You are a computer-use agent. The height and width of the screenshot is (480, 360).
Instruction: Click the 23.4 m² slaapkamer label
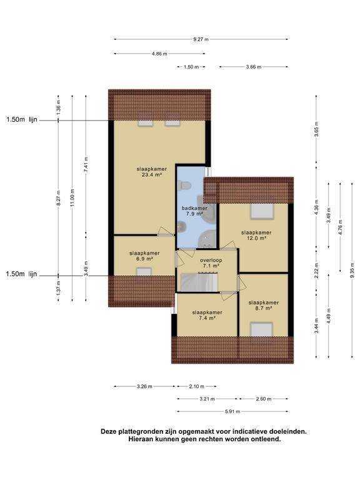coord(152,172)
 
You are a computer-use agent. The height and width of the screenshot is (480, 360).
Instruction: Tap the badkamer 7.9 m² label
coord(194,211)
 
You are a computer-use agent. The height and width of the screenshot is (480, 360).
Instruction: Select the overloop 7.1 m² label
coord(211,263)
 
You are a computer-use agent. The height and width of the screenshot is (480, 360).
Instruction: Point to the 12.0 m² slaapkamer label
coord(256,235)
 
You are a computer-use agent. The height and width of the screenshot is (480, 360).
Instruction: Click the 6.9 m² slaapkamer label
coord(144,256)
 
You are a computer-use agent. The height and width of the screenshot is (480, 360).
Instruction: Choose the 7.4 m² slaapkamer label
coord(207,315)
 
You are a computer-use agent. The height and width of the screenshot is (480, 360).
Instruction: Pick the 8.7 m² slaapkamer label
coord(264,306)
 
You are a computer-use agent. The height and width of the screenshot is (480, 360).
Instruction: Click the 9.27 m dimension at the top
coord(201,39)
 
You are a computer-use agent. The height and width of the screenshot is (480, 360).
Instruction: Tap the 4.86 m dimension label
coord(159,54)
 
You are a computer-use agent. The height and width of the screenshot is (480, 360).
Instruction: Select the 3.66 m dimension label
coord(254,67)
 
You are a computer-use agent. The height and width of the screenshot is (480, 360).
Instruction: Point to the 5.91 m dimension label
coord(232,411)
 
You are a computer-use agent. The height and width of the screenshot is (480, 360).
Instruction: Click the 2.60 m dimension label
coord(264,399)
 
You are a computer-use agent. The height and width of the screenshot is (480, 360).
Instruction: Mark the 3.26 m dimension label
coord(144,386)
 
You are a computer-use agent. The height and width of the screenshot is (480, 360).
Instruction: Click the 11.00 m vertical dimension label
coord(72,197)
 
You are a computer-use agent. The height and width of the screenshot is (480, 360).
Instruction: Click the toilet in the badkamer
coord(184,186)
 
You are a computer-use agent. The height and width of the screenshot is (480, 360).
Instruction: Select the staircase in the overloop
coord(199,282)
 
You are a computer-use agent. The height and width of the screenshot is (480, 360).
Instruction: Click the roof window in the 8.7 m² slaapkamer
coord(261,329)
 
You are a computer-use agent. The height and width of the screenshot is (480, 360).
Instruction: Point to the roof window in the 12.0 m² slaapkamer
coord(262,211)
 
